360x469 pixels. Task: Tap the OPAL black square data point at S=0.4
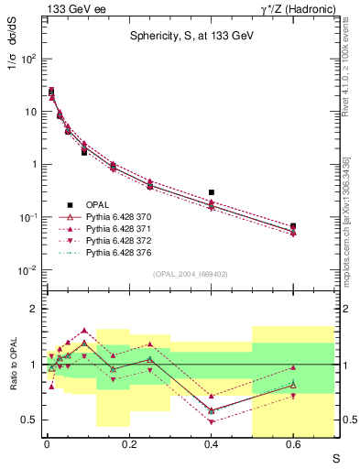pyautogui.click(x=211, y=192)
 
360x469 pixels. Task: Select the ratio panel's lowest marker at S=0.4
pyautogui.click(x=211, y=421)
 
